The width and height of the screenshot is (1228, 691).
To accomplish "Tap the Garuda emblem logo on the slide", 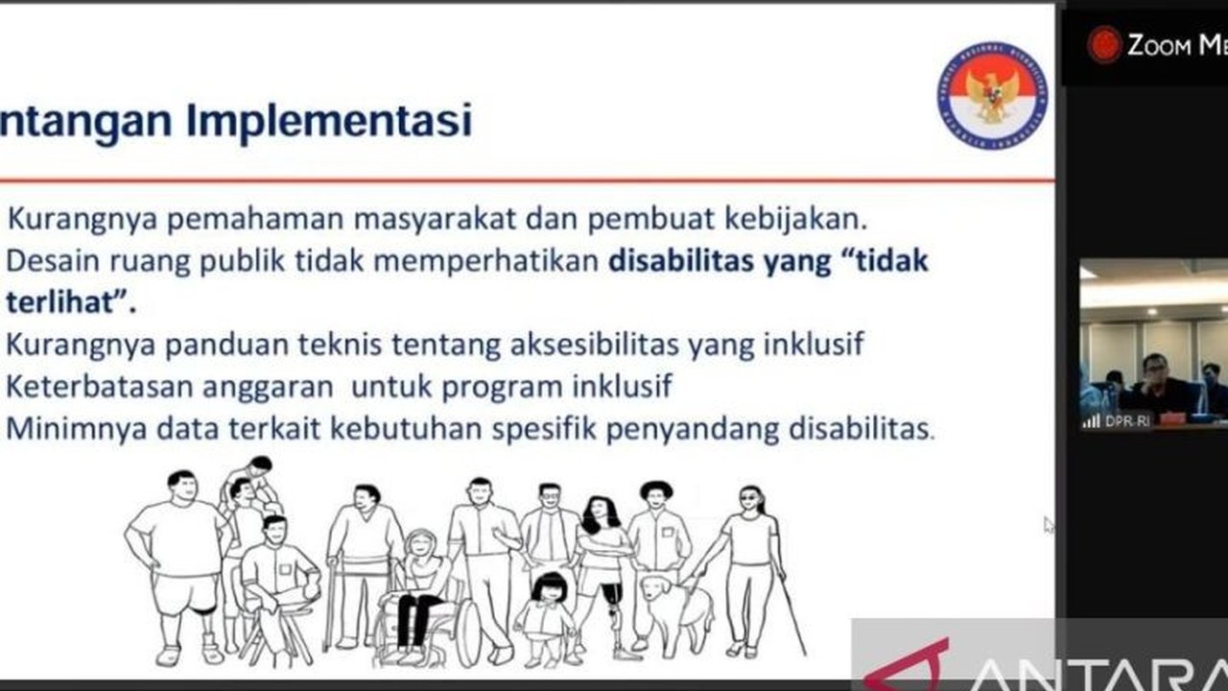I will (992, 95).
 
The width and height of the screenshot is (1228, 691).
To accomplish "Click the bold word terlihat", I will (67, 302).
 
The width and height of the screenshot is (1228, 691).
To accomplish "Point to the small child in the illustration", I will (548, 614).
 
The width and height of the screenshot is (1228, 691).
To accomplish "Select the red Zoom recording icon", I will (1103, 45).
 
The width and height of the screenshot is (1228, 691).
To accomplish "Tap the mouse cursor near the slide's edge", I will (1049, 525).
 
